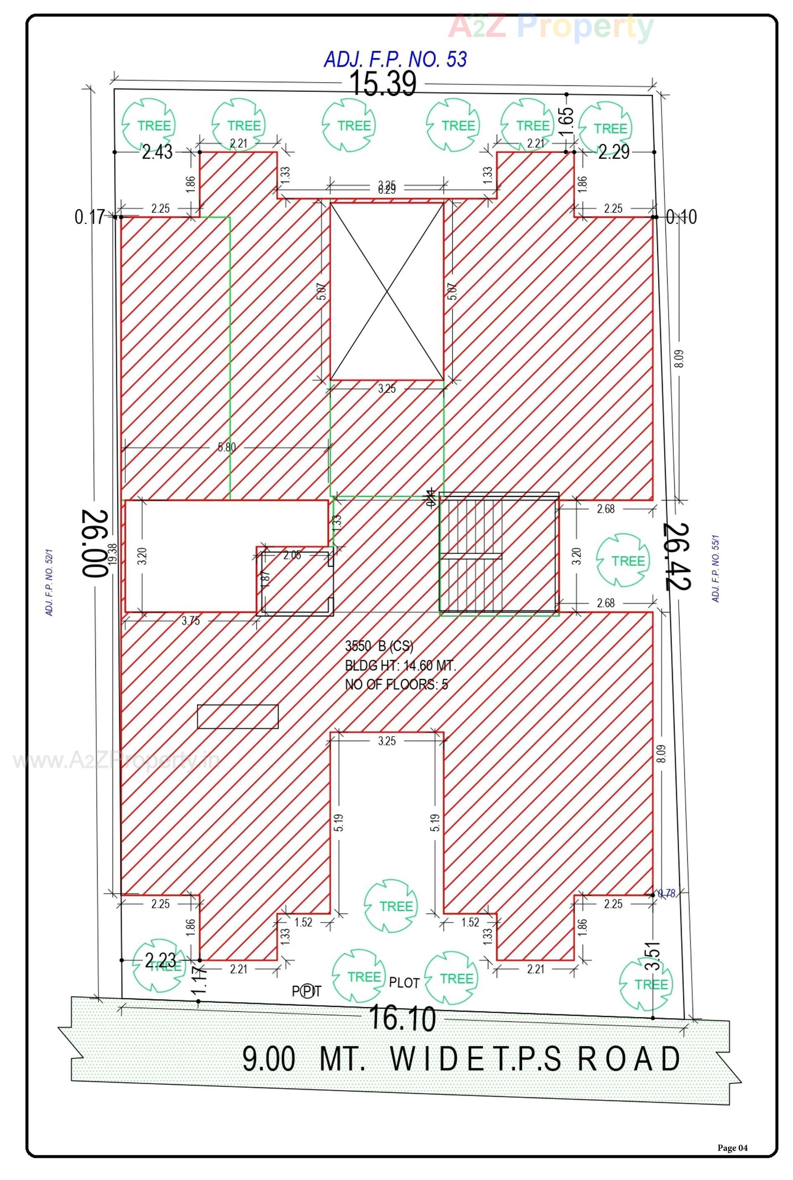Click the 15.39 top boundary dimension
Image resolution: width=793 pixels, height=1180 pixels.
[x=383, y=84]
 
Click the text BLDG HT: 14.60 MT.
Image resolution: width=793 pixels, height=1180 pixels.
[x=400, y=665]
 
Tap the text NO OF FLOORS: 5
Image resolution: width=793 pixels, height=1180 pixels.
[x=396, y=684]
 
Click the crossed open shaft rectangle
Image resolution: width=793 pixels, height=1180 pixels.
[x=387, y=291]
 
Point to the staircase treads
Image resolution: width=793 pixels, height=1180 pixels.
[x=471, y=555]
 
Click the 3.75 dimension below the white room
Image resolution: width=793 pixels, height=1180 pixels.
[x=191, y=621]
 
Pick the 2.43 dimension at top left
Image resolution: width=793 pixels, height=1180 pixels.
[x=157, y=152]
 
